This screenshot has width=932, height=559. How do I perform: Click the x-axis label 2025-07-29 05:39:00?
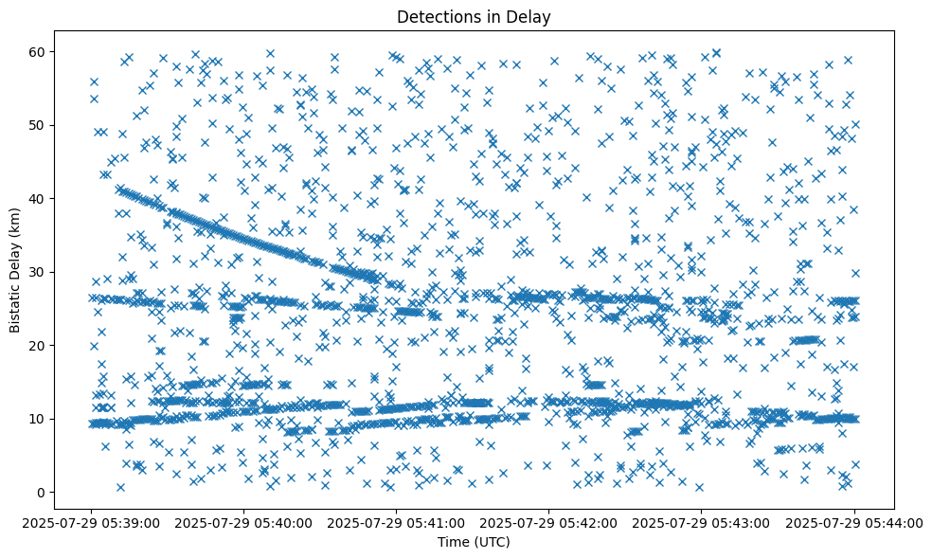point(92,521)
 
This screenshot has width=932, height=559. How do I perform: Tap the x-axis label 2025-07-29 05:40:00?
point(244,521)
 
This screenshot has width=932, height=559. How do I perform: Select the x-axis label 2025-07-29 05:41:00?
point(397,521)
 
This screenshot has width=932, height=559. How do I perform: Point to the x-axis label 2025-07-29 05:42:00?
point(549,521)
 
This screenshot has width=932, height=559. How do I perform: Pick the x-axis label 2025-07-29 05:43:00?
point(702,521)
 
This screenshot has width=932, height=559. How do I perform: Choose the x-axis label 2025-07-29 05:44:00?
point(854,521)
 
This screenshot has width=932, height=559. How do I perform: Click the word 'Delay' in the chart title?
point(531,17)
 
